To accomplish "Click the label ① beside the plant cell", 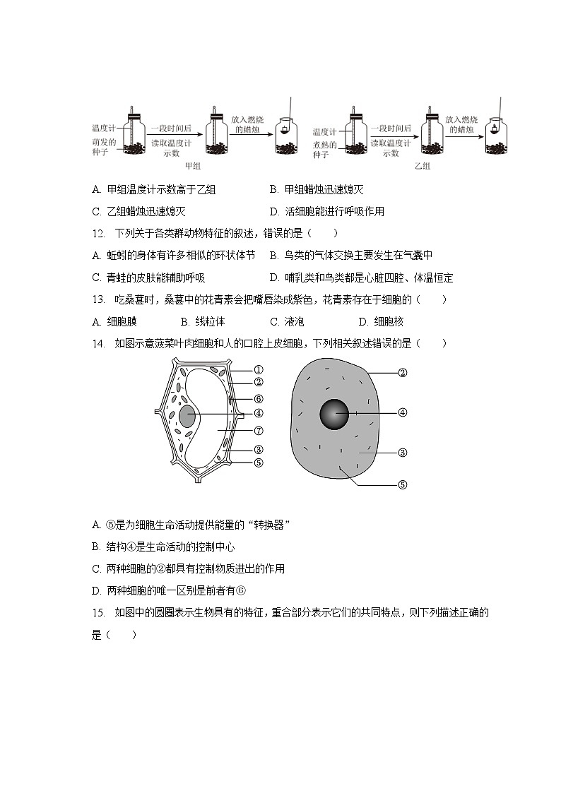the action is (259, 369).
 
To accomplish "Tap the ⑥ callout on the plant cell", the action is (259, 399).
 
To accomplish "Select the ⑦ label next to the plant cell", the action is (259, 430).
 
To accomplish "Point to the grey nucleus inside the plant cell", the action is (187, 416).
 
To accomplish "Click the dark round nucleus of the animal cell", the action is (334, 413).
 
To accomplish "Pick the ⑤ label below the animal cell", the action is (402, 484).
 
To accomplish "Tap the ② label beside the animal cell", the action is (402, 373).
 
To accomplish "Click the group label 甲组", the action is (192, 165).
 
